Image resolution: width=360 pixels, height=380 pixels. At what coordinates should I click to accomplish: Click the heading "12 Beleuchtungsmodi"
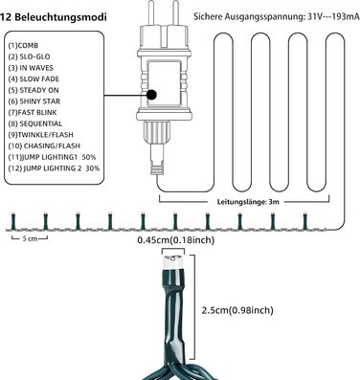point(54,17)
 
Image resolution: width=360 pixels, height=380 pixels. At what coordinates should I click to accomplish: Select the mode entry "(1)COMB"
point(23,46)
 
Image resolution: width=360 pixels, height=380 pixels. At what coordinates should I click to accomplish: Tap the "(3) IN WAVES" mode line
point(31,68)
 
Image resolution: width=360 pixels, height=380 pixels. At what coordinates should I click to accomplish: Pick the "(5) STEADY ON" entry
point(34,90)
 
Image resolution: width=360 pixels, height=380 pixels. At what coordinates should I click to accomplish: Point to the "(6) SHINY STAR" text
point(34,101)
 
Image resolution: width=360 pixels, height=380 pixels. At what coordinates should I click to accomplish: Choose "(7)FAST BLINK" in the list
point(33,113)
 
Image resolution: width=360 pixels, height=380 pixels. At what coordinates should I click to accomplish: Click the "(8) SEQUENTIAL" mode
point(35,123)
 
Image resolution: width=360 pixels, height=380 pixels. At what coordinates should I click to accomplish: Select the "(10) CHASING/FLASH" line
point(44,146)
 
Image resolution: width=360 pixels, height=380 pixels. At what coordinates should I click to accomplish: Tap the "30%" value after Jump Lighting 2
point(93,168)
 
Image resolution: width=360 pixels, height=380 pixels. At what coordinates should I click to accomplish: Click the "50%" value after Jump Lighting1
point(89,157)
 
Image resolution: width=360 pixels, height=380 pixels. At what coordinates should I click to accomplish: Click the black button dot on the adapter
point(151,95)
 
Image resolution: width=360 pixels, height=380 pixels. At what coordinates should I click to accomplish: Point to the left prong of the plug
point(152,12)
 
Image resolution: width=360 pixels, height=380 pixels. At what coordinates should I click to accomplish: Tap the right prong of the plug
point(175,12)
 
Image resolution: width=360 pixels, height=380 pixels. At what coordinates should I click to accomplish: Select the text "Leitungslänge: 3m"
point(248,202)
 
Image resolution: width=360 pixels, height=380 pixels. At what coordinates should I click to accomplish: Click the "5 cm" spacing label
point(30,238)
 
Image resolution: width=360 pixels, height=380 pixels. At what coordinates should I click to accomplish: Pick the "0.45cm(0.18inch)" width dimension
point(176,240)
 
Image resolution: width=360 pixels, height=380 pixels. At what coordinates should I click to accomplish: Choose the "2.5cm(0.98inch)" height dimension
point(237,310)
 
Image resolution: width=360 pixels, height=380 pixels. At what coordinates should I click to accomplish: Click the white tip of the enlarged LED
point(173,262)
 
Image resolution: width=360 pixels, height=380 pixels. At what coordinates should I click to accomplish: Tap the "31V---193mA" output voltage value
point(334,17)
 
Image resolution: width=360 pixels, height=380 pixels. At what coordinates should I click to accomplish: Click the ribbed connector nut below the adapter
point(157,133)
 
